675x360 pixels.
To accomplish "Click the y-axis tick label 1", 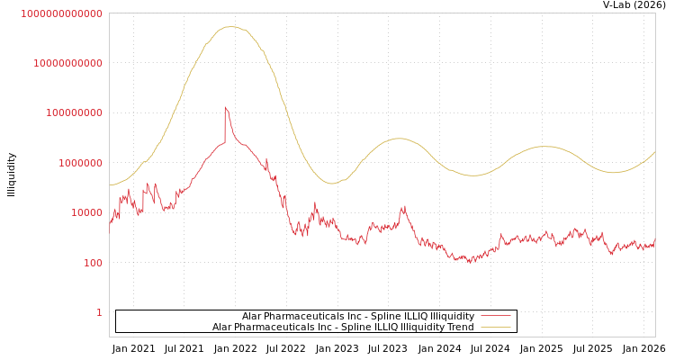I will coord(99,312).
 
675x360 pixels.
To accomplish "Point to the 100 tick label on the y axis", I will coord(93,263).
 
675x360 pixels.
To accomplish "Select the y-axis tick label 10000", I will coord(87,213).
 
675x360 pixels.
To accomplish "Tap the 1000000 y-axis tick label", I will coord(81,163).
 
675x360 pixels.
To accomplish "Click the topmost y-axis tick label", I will coord(61,13).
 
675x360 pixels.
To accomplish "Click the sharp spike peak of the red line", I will coord(225,107).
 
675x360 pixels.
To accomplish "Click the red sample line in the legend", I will coord(496,316).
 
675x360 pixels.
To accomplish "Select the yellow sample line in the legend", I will coord(496,327).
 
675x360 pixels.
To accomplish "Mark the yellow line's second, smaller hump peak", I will coord(398,139).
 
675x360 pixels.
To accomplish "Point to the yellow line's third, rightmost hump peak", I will coord(544,146).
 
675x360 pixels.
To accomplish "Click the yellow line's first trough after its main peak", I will coord(332,184).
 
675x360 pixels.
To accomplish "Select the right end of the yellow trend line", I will coord(654,152).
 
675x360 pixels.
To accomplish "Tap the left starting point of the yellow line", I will coord(110,185).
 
